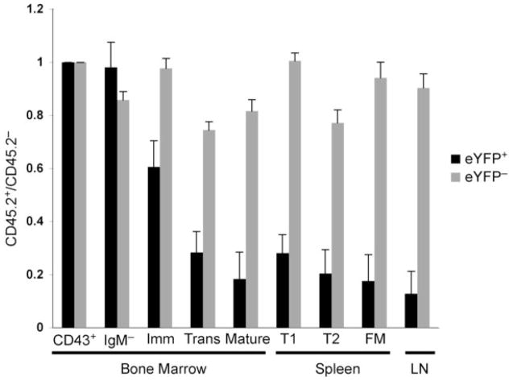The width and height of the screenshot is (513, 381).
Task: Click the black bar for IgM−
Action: click(110, 197)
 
